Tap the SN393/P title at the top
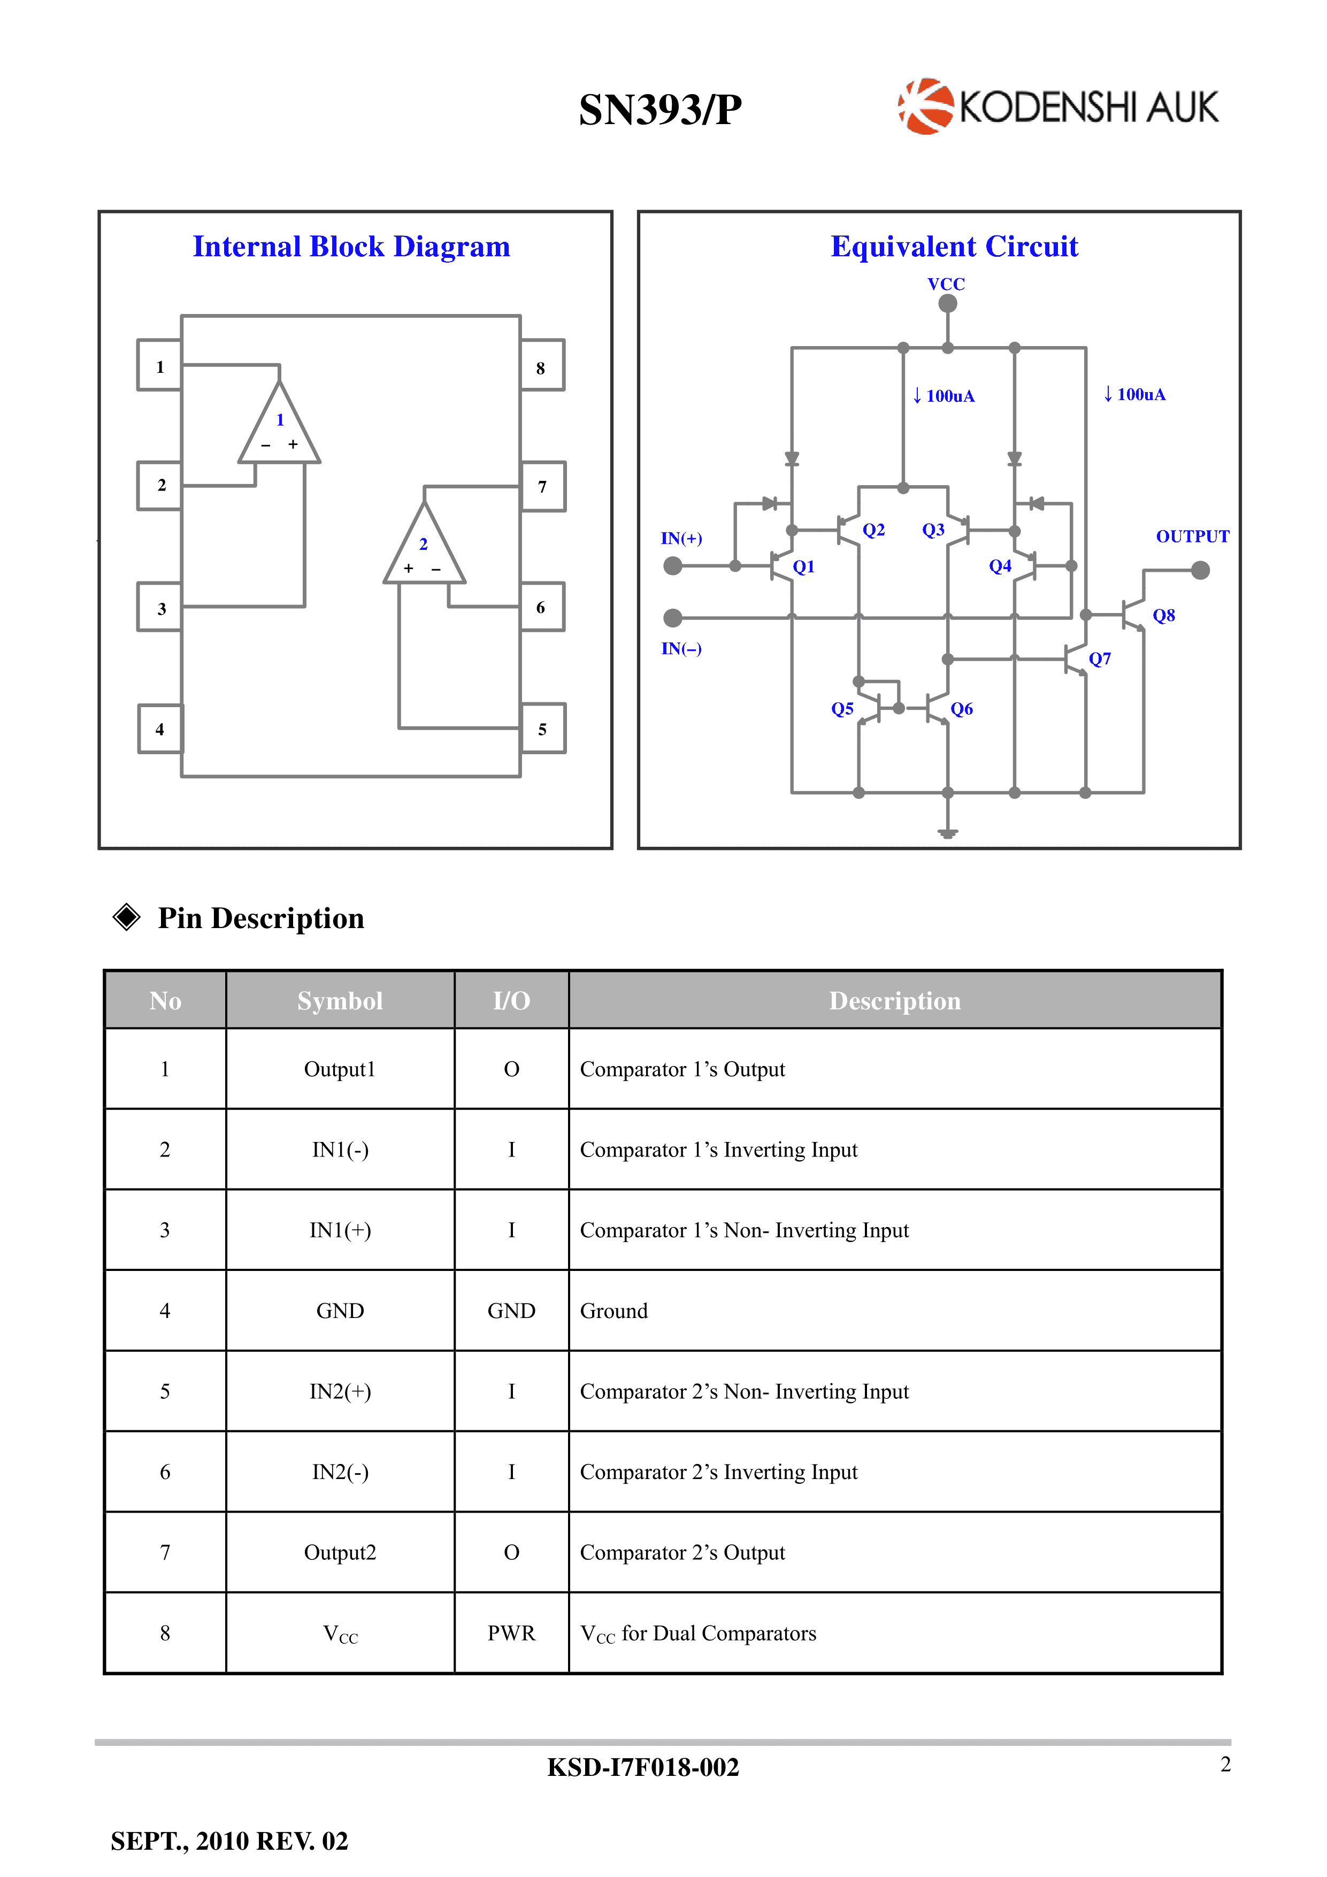click(660, 110)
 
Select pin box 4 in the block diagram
click(160, 729)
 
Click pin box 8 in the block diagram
click(541, 367)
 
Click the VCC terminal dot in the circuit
click(948, 303)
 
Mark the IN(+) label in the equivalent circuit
click(681, 538)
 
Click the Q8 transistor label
click(1163, 616)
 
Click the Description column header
click(894, 1001)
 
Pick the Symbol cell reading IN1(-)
click(340, 1150)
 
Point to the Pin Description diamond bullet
click(127, 917)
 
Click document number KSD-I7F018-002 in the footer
click(643, 1767)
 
